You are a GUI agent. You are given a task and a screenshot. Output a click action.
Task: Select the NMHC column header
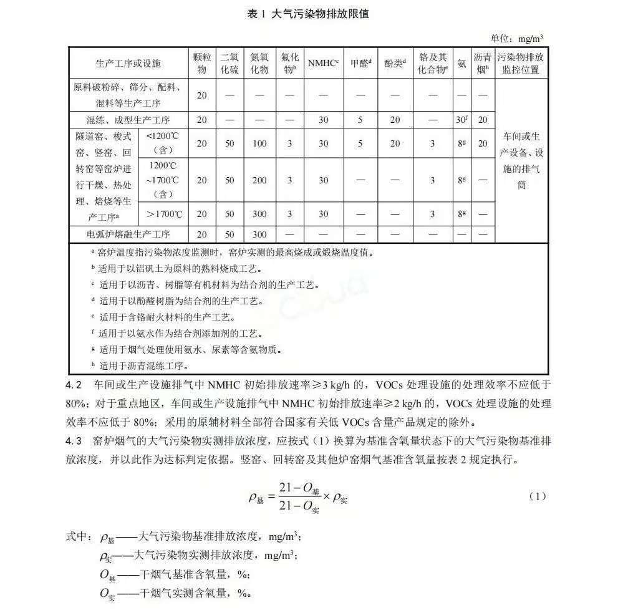[x=323, y=63]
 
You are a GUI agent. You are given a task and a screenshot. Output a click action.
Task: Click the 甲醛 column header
[x=360, y=63]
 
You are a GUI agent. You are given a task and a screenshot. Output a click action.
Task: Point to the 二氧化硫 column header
[x=229, y=63]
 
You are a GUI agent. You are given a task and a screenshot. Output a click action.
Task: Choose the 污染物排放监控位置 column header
[x=521, y=63]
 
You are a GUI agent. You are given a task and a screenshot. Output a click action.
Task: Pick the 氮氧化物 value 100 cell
[x=259, y=143]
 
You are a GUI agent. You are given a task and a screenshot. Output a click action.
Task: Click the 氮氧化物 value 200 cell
[x=259, y=180]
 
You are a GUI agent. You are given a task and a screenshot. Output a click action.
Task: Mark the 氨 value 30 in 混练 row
[x=461, y=120]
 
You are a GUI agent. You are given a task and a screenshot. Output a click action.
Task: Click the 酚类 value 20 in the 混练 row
[x=395, y=120]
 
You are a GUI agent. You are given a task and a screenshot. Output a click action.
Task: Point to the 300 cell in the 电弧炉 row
[x=259, y=234]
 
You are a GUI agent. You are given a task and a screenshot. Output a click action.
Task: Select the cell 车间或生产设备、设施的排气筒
[x=521, y=160]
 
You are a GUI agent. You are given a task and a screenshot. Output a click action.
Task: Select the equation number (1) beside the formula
[x=537, y=496]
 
